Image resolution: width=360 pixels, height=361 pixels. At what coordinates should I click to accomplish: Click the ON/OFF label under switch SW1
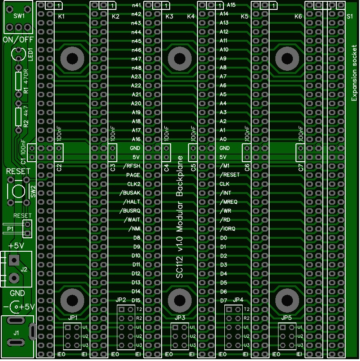tap(18, 40)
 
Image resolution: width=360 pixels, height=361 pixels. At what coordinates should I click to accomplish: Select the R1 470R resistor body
tap(18, 81)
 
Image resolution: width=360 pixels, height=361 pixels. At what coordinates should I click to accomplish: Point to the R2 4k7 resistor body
tap(18, 117)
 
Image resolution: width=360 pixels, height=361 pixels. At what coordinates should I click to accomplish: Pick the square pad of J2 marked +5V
tap(14, 260)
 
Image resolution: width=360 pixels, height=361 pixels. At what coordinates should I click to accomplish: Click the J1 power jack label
tap(16, 333)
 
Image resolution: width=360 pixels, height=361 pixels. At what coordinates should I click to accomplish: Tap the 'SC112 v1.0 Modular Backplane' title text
tap(180, 217)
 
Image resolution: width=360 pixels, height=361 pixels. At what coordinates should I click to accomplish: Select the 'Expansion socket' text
tap(354, 73)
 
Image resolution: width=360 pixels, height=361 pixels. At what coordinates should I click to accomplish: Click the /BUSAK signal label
tap(129, 193)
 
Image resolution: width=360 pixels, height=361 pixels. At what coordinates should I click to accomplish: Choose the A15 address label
tap(231, 5)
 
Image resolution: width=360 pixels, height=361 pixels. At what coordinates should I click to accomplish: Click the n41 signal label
tap(136, 5)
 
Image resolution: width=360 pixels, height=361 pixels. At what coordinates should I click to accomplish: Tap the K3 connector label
tap(169, 16)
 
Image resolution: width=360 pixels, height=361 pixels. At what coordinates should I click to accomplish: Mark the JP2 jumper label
tap(121, 300)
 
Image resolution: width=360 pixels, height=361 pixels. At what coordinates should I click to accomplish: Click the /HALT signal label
tap(132, 202)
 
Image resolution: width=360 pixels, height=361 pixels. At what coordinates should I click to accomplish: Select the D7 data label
tap(223, 301)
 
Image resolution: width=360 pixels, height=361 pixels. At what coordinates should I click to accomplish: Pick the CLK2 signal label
tap(134, 184)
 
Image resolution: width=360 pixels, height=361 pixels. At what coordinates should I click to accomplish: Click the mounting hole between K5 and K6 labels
tap(287, 59)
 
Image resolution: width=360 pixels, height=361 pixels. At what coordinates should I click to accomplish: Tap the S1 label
tap(350, 16)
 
